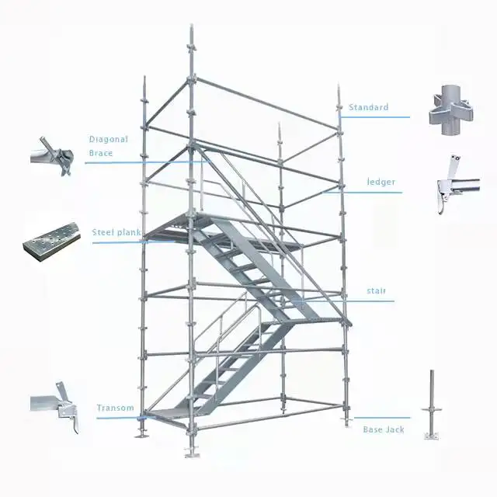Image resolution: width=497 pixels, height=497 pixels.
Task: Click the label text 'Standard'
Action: tap(368, 107)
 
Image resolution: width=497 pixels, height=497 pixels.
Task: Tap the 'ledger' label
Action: tap(381, 182)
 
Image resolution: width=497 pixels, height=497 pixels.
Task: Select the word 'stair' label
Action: tap(377, 291)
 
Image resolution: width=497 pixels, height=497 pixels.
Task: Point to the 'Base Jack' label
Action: tap(384, 429)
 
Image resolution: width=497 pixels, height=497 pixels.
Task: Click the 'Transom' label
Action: tap(115, 408)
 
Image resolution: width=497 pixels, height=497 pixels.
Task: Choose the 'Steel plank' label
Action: tap(116, 232)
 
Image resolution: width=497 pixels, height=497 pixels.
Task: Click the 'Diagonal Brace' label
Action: tap(108, 146)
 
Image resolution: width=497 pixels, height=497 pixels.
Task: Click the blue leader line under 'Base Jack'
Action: tap(381, 418)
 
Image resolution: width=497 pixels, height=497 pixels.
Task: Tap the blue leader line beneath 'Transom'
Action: tap(116, 418)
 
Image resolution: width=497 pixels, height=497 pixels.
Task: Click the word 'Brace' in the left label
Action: tap(101, 154)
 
